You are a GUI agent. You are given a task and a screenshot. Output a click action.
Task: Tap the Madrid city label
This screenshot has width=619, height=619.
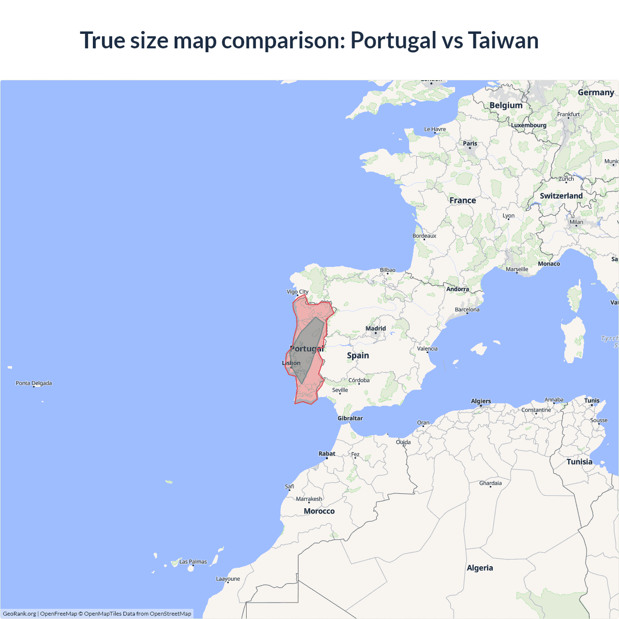376,328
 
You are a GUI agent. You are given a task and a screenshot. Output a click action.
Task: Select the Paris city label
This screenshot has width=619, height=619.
470,143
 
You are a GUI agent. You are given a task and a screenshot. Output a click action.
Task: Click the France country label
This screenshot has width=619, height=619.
462,200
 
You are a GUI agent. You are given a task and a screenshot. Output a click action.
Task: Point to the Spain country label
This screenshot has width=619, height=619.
358,355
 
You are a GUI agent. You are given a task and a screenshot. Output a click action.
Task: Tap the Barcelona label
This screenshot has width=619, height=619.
467,309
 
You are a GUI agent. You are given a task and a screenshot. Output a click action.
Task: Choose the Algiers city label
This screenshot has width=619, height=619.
481,401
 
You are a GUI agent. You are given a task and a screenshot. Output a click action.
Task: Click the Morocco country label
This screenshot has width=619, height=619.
319,511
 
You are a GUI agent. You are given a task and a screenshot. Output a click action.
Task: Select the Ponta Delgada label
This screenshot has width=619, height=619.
34,383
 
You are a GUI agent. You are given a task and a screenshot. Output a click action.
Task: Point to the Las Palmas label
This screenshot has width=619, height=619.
193,561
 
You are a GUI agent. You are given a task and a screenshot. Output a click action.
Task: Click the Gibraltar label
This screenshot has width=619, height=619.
350,418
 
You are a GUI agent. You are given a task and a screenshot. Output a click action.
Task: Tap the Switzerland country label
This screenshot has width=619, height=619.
561,196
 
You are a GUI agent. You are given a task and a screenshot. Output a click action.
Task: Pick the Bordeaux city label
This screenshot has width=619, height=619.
424,236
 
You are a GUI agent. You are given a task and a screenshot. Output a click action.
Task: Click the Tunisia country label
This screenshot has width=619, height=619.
579,462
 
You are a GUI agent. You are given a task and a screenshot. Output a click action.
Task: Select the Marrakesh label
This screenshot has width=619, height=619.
309,499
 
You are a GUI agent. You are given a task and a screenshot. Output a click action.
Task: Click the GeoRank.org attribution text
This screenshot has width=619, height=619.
19,614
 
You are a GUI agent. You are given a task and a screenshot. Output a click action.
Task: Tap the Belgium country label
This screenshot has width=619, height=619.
506,105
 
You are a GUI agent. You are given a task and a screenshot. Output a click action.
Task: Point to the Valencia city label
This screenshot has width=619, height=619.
427,349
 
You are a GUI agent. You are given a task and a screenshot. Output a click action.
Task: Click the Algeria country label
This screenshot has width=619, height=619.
480,568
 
